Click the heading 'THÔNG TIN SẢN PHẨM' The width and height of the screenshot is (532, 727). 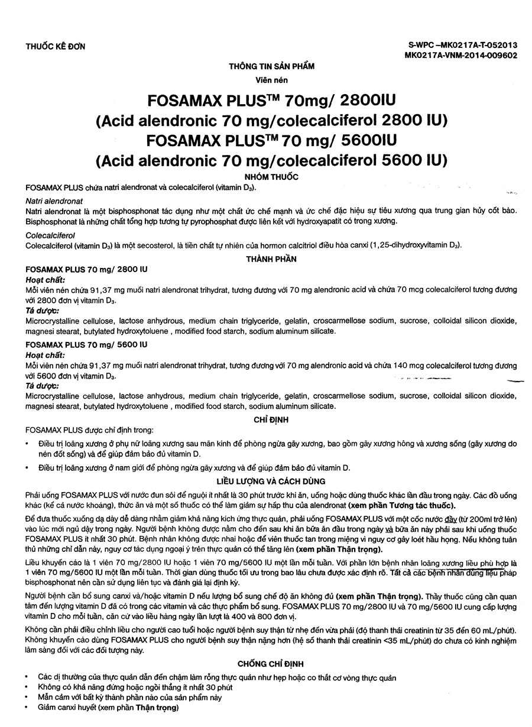(271, 66)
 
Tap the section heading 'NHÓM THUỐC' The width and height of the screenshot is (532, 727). (271, 177)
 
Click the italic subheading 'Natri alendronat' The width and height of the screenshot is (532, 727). (54, 202)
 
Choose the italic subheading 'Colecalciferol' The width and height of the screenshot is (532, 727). (51, 235)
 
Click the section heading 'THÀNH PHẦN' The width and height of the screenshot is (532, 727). (271, 259)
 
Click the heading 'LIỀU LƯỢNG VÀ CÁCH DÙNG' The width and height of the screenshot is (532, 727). (271, 482)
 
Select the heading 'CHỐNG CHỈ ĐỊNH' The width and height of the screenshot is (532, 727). (271, 664)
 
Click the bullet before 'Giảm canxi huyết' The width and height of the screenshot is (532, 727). (28, 707)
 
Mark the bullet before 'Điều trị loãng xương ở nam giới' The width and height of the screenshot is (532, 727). (28, 468)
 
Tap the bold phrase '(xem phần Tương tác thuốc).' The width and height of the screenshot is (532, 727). (401, 505)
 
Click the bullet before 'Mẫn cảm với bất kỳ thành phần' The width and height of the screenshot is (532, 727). (28, 697)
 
